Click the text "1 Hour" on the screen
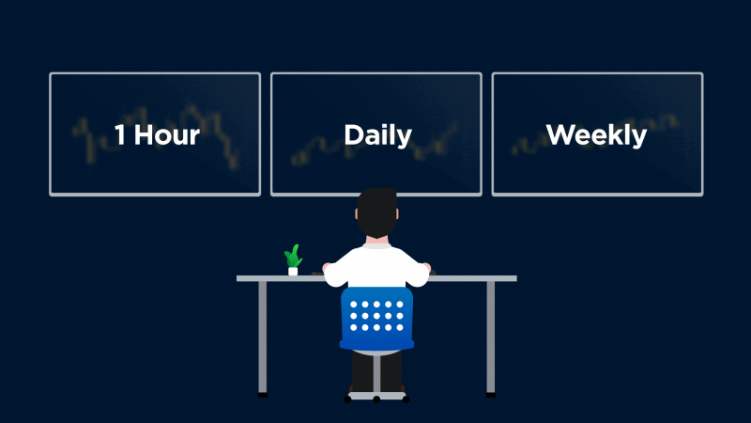pyautogui.click(x=156, y=135)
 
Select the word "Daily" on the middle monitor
pyautogui.click(x=377, y=135)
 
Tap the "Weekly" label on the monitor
pyautogui.click(x=596, y=135)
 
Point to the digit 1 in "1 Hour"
pyautogui.click(x=119, y=135)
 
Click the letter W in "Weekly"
pyautogui.click(x=560, y=135)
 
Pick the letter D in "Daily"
pyautogui.click(x=354, y=135)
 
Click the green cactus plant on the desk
pyautogui.click(x=293, y=256)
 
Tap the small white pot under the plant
pyautogui.click(x=293, y=271)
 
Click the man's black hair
pyautogui.click(x=377, y=209)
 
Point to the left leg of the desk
pyautogui.click(x=263, y=336)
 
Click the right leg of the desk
pyautogui.click(x=490, y=336)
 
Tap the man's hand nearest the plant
pyautogui.click(x=328, y=271)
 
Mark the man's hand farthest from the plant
pyautogui.click(x=426, y=271)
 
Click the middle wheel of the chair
pyautogui.click(x=376, y=399)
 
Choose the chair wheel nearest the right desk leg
pyautogui.click(x=406, y=399)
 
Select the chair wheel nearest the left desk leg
pyautogui.click(x=347, y=399)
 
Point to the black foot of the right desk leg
pyautogui.click(x=490, y=394)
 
